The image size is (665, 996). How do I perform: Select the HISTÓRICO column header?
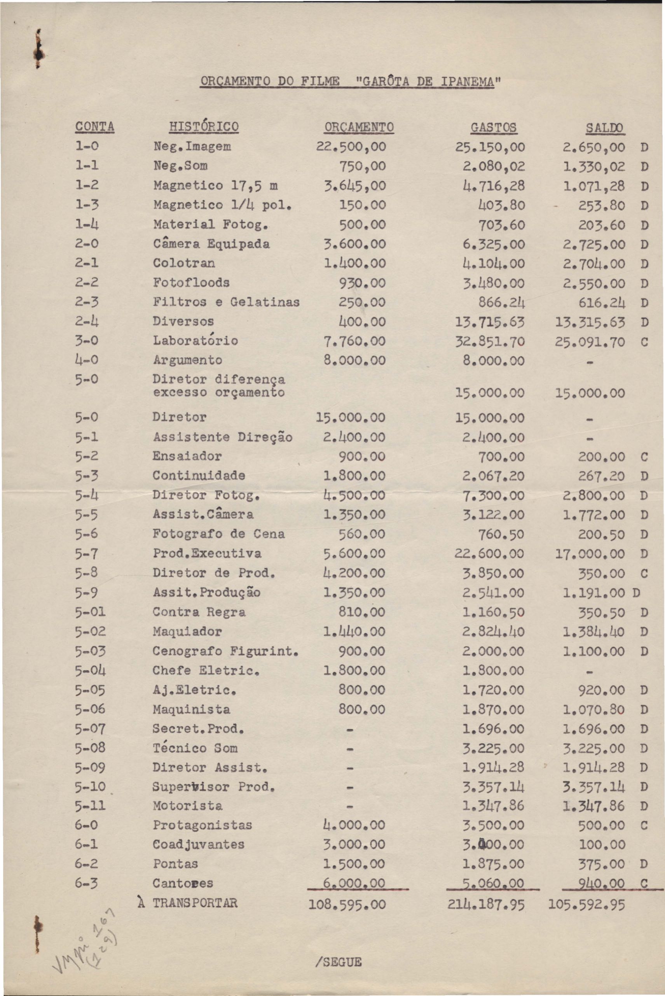click(204, 126)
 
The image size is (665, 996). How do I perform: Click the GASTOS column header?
click(494, 127)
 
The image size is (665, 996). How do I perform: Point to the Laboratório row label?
click(195, 340)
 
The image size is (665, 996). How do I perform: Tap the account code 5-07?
click(90, 729)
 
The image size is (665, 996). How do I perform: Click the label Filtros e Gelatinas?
click(226, 302)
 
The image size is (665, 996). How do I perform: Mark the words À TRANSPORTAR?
click(188, 903)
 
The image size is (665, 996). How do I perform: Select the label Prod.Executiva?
click(207, 553)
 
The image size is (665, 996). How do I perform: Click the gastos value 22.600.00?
click(489, 554)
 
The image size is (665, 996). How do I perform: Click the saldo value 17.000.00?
click(590, 554)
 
